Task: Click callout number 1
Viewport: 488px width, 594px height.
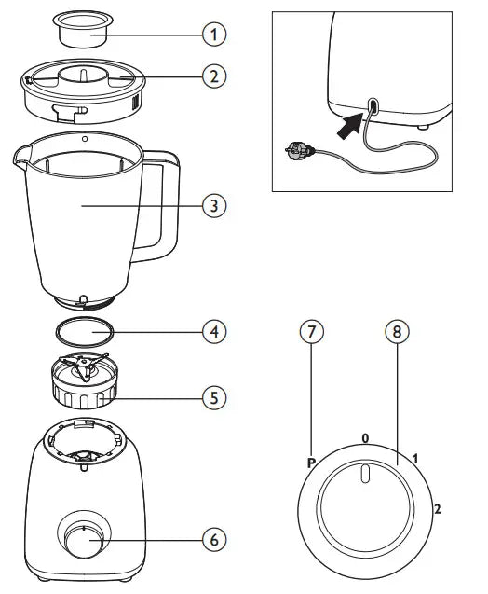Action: tap(214, 35)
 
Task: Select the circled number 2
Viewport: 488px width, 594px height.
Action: tap(214, 76)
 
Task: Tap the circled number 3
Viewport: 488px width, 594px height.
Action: tap(214, 206)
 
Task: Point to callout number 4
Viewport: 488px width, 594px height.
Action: tap(214, 332)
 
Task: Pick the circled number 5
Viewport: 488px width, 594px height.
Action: tap(214, 398)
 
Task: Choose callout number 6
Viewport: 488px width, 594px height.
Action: tap(214, 539)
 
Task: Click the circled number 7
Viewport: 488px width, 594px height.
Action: tap(312, 332)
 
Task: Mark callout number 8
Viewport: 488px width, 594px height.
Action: tap(397, 332)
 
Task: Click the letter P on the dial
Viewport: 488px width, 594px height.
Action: tap(311, 463)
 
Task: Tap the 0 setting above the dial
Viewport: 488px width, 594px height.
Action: tap(365, 438)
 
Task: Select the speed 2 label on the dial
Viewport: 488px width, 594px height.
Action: tap(438, 509)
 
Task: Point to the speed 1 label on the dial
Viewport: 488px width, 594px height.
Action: tap(415, 459)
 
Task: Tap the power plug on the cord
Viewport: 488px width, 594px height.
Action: tap(299, 149)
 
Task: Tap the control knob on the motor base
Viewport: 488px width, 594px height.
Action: tap(84, 540)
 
